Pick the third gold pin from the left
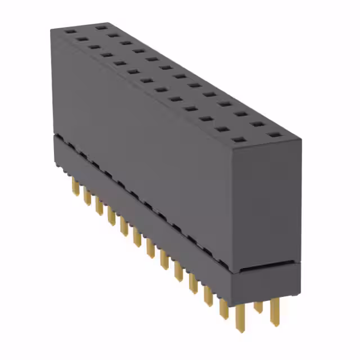[99, 206]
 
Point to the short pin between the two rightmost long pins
[258, 307]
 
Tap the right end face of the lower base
[267, 281]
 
